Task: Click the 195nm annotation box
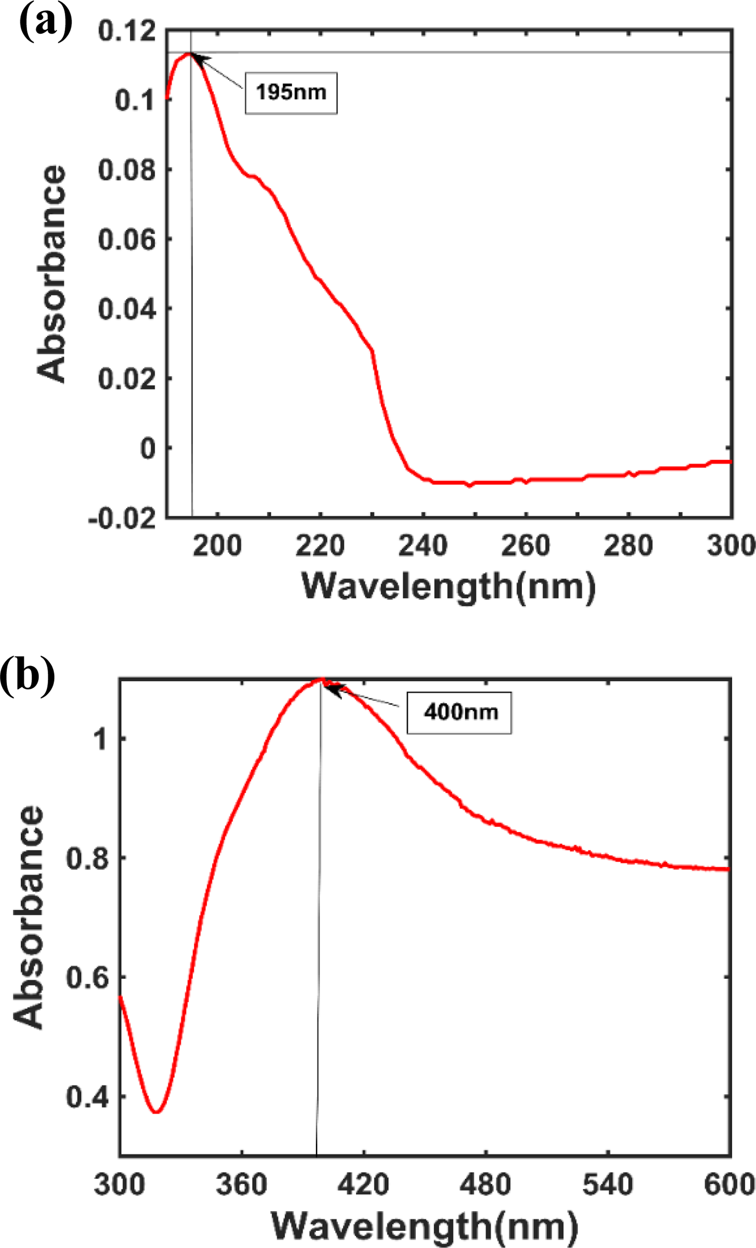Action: (291, 93)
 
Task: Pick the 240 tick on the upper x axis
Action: (423, 546)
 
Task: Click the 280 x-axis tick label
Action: (628, 546)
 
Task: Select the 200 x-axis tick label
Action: (217, 546)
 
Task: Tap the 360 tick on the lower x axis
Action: (242, 1185)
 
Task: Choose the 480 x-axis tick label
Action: (486, 1185)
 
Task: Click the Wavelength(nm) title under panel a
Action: (449, 587)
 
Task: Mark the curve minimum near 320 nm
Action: (157, 1112)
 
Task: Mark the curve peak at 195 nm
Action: (189, 53)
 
